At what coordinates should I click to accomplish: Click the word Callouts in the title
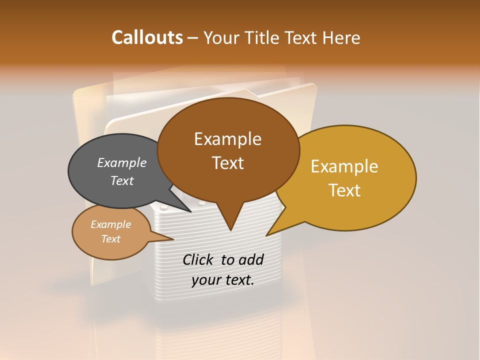click(x=147, y=37)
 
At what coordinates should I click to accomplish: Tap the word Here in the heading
click(x=341, y=37)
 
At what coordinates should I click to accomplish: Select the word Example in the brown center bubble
click(x=227, y=139)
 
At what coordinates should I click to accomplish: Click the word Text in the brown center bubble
click(x=227, y=163)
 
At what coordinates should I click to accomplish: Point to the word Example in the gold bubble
click(x=344, y=166)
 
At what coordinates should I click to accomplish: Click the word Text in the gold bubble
click(x=344, y=190)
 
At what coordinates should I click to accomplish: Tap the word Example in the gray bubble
click(x=122, y=162)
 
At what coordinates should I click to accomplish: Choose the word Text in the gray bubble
click(x=122, y=180)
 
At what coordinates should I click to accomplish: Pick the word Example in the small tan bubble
click(x=110, y=224)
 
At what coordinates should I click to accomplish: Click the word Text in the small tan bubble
click(x=110, y=239)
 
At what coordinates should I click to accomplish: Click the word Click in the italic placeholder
click(x=199, y=259)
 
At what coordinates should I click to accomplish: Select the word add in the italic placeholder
click(x=250, y=259)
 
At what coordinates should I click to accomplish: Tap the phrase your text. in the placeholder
click(x=223, y=280)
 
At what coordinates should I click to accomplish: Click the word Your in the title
click(x=221, y=37)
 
